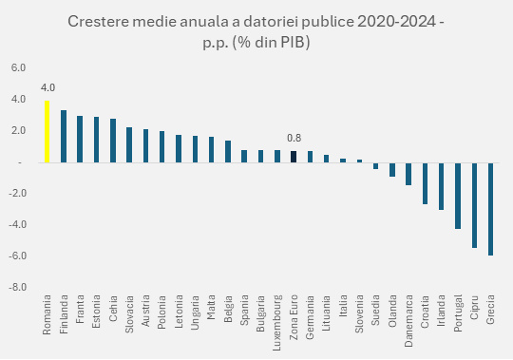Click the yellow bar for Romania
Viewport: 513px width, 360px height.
(x=47, y=131)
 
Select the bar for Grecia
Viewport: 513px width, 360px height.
(x=490, y=208)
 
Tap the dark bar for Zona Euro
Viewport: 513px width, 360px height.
(x=294, y=157)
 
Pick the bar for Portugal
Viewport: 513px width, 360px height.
(x=457, y=196)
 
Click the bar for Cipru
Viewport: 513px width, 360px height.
(x=474, y=205)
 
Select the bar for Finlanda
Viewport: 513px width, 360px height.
(x=64, y=136)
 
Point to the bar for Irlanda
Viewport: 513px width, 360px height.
(x=441, y=186)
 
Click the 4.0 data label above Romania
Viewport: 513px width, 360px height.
(x=47, y=87)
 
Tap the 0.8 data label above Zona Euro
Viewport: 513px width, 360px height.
(x=294, y=138)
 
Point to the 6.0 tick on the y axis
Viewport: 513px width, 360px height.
(x=19, y=68)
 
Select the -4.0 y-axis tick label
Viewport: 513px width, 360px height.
(x=18, y=224)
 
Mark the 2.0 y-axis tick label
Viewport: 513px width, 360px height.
(x=19, y=131)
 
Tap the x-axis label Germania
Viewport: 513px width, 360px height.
(x=310, y=319)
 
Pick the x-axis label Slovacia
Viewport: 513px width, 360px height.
(x=129, y=316)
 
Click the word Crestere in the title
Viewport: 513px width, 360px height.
(x=102, y=22)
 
